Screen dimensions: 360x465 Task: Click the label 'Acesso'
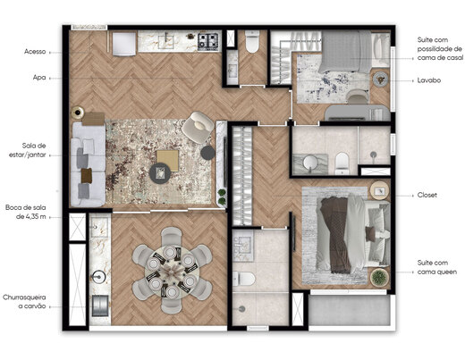[x=35, y=52]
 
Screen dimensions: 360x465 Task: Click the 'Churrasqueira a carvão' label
[x=26, y=301]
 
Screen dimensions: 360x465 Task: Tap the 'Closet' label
[x=427, y=194]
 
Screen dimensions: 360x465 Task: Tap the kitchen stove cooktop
[x=208, y=40]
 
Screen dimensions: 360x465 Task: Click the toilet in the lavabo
[x=251, y=41]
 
